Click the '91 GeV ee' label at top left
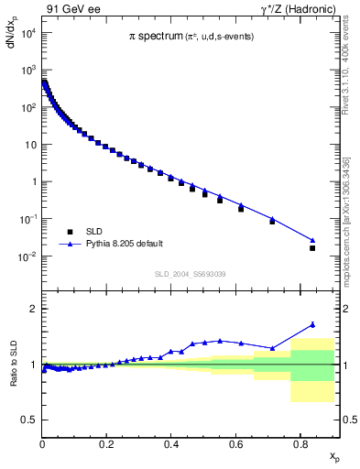point(72,9)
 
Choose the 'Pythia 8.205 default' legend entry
point(125,244)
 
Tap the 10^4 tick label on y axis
point(27,34)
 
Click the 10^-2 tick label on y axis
point(27,256)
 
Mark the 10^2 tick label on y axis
point(27,108)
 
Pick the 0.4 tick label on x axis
point(171,443)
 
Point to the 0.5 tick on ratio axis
point(29,420)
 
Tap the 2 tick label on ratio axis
point(33,309)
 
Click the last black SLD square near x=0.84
point(312,248)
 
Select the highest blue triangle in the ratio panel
point(312,323)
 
